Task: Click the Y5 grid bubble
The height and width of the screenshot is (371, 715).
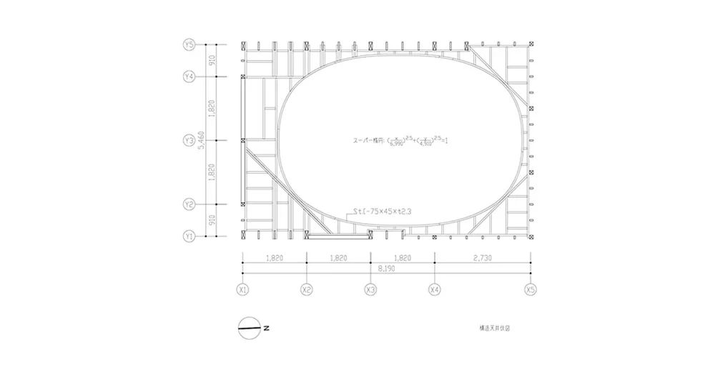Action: point(189,45)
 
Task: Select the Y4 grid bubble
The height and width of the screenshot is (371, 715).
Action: point(189,76)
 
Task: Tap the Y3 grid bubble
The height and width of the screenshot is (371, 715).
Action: point(189,141)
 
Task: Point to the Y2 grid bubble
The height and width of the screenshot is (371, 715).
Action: point(189,204)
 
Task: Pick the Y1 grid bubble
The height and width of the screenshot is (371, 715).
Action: point(189,236)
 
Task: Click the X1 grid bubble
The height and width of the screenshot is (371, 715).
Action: point(243,290)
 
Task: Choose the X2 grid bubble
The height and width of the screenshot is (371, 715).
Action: point(307,290)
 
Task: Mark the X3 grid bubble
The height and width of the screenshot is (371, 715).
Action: point(370,290)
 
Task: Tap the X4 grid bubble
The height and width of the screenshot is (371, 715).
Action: point(434,290)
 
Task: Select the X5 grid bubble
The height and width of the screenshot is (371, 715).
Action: point(530,290)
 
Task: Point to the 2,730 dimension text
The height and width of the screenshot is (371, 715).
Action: point(482,257)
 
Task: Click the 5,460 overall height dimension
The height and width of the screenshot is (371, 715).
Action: point(202,141)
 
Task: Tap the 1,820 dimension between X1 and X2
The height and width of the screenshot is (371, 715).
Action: point(275,257)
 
